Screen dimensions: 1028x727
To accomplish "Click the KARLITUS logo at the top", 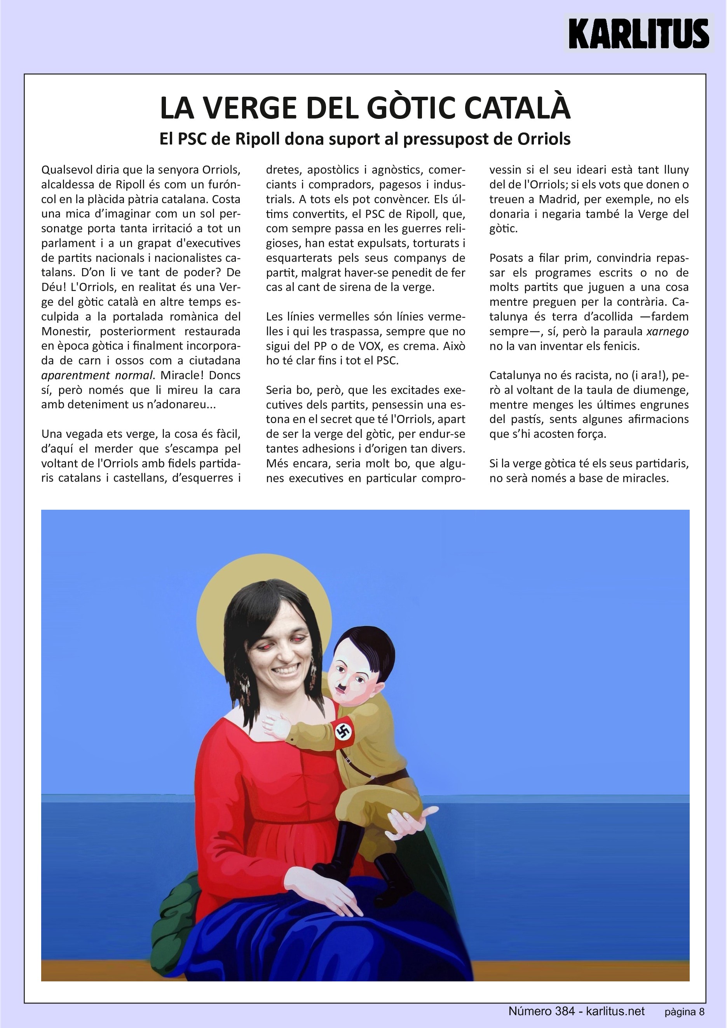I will [x=638, y=33].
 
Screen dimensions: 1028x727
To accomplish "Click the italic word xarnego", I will [x=668, y=332].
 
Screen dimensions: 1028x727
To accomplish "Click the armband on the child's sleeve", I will [x=343, y=731].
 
